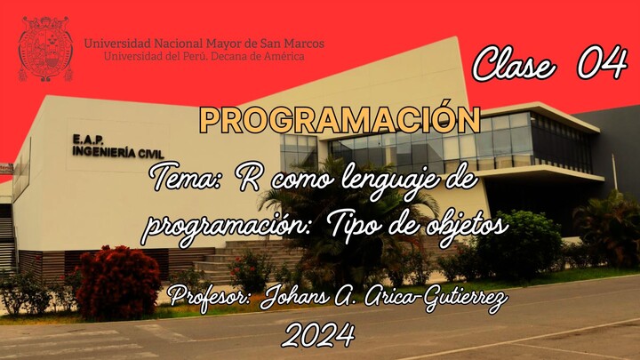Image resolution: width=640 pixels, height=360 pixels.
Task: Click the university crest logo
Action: click(x=44, y=48)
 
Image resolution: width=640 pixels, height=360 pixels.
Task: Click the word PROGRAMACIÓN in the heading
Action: click(x=340, y=119)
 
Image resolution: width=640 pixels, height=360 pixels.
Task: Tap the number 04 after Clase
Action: click(x=601, y=64)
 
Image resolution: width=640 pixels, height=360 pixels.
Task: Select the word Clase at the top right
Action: click(x=514, y=65)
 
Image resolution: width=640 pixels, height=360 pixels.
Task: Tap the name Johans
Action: click(x=300, y=297)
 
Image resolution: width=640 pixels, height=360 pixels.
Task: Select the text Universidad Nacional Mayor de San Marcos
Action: click(x=204, y=43)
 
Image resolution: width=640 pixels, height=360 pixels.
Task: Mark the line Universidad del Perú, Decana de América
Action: click(x=204, y=56)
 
